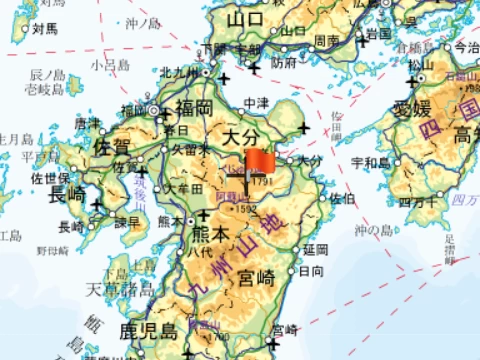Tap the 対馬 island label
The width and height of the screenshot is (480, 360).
coord(43,29)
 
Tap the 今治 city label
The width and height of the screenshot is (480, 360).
coord(465,47)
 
